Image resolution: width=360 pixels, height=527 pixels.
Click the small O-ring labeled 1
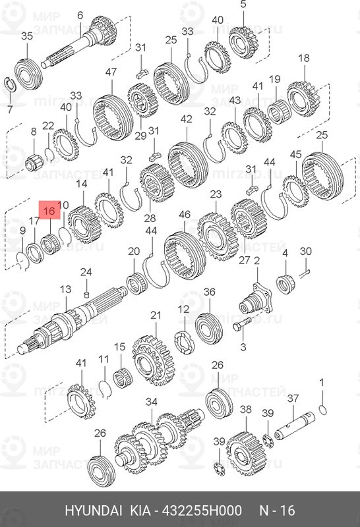pyautogui.click(x=321, y=412)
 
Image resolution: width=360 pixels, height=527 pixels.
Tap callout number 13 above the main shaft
pyautogui.click(x=65, y=289)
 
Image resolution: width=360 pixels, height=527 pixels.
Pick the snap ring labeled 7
pyautogui.click(x=12, y=83)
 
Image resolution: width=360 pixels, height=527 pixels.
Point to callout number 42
pyautogui.click(x=186, y=119)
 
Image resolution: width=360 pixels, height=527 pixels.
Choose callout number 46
pyautogui.click(x=185, y=215)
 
